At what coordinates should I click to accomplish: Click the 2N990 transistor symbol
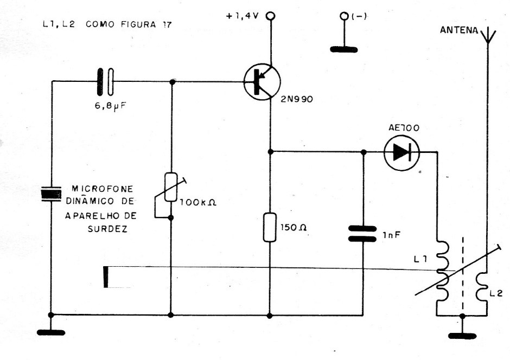262,82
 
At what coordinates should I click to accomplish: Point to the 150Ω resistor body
270,227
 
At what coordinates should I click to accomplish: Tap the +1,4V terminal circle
270,16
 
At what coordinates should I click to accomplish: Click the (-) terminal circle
343,16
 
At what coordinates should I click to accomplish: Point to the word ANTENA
458,31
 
